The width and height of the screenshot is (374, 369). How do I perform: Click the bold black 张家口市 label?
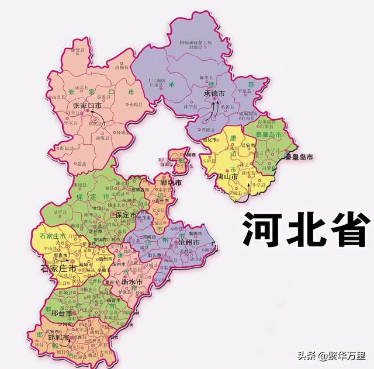(x=87, y=106)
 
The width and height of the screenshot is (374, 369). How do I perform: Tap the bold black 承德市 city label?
(x=214, y=93)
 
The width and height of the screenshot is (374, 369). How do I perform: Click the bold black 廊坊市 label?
(x=171, y=182)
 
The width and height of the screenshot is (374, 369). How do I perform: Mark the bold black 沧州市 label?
(x=188, y=242)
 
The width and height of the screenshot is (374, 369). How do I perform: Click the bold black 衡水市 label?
(x=131, y=282)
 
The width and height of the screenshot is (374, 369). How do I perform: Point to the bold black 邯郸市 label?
(x=59, y=338)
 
